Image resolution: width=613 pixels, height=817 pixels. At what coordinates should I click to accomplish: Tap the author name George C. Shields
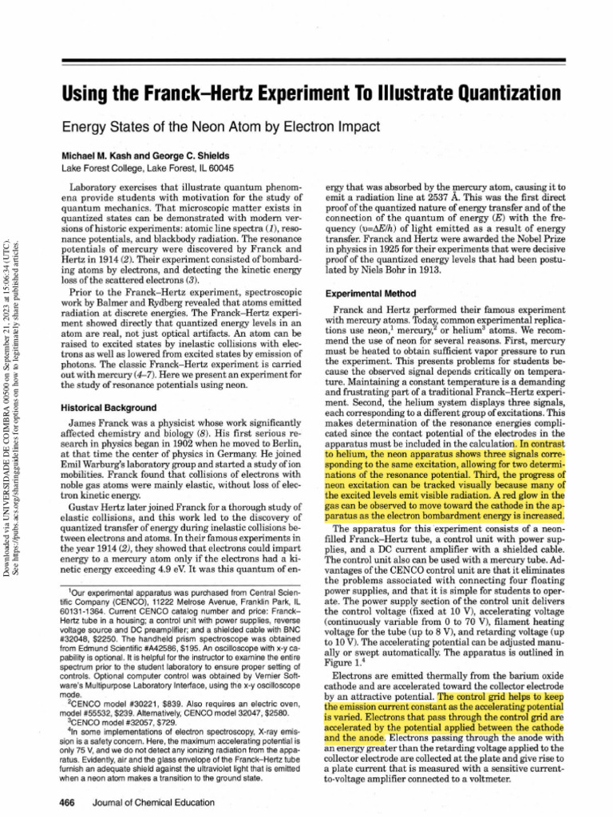(x=199, y=155)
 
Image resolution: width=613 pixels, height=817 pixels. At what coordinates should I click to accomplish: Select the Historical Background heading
(x=107, y=407)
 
